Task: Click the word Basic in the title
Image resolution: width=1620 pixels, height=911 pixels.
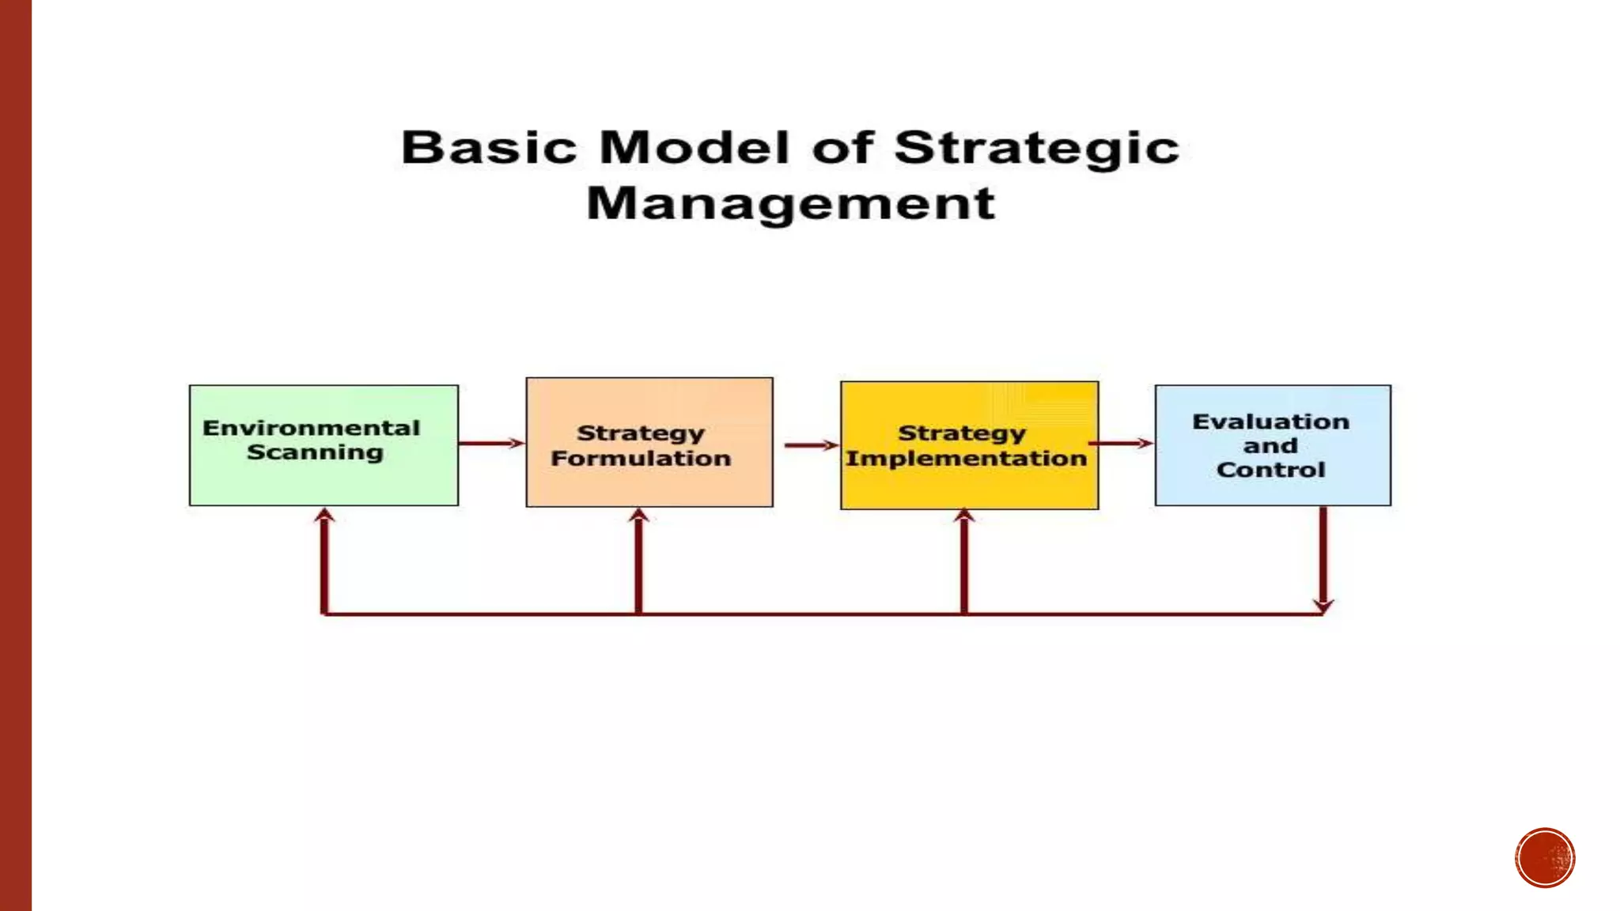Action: [x=489, y=148]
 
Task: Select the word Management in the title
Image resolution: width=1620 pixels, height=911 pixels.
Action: [x=790, y=203]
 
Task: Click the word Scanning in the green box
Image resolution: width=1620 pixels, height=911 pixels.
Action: [x=315, y=452]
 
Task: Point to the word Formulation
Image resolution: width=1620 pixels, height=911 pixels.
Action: [x=641, y=459]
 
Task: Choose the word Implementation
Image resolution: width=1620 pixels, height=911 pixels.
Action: [x=966, y=459]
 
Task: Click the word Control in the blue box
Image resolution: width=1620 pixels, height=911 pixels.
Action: [x=1270, y=470]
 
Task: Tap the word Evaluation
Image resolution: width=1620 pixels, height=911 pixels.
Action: [x=1270, y=422]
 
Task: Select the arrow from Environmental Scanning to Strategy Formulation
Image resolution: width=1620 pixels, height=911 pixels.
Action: [x=491, y=443]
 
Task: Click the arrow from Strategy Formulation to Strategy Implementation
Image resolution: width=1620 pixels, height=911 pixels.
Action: [x=811, y=445]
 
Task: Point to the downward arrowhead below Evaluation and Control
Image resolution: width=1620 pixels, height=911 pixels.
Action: [x=1323, y=606]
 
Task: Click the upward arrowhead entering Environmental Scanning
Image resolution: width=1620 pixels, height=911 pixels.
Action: [x=324, y=516]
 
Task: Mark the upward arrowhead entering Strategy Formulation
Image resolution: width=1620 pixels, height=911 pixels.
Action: [x=639, y=516]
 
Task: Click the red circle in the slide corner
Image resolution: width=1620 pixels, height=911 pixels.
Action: [x=1545, y=858]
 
